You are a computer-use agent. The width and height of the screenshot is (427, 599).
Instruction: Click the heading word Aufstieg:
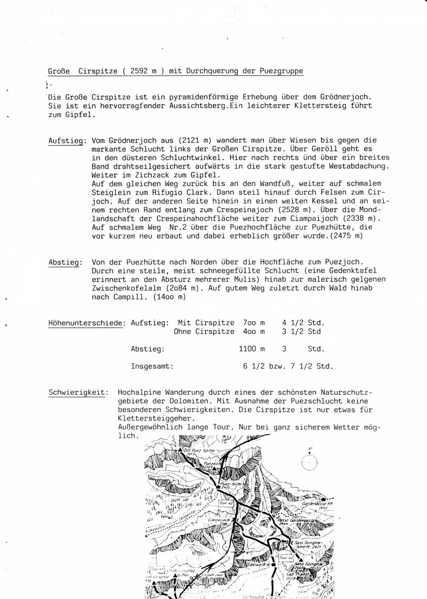tap(67, 142)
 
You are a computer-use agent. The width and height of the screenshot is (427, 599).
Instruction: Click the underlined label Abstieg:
tap(64, 261)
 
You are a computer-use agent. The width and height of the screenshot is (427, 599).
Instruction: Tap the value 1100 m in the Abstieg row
tap(251, 349)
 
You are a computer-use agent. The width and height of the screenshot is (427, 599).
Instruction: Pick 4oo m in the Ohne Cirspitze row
tap(254, 332)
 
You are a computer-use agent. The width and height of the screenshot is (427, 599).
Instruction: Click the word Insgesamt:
tap(152, 366)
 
